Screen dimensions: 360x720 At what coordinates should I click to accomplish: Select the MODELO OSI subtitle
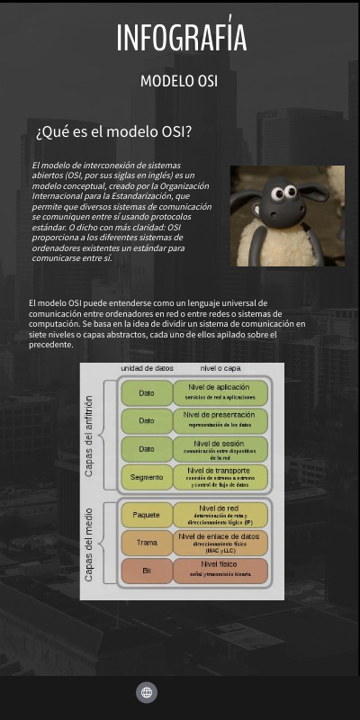tap(179, 81)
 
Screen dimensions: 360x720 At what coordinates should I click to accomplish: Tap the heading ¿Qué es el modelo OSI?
tap(113, 131)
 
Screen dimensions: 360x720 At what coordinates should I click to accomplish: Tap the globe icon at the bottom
tap(147, 692)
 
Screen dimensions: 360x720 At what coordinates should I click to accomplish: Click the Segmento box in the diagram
tap(147, 477)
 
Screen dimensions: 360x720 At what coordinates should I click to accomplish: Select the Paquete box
tap(147, 515)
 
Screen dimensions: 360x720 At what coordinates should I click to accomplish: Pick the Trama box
tap(147, 543)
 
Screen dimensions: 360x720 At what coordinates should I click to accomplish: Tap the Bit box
tap(147, 571)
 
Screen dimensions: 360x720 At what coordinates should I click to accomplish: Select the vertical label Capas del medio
tap(89, 543)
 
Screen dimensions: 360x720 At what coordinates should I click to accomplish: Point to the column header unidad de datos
tap(147, 369)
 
